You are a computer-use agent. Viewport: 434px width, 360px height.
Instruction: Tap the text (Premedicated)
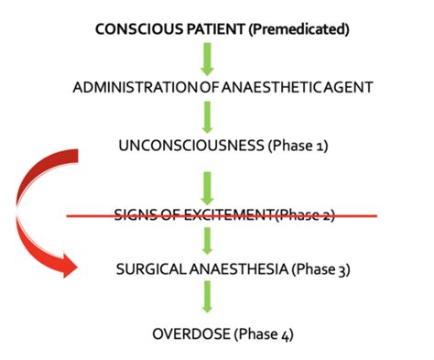[x=299, y=29]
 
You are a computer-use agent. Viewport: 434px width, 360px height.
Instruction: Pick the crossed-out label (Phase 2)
[x=306, y=215]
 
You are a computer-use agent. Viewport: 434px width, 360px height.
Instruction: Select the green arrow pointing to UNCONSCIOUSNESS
[x=208, y=116]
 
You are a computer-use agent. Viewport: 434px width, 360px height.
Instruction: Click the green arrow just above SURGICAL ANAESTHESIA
[x=208, y=240]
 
